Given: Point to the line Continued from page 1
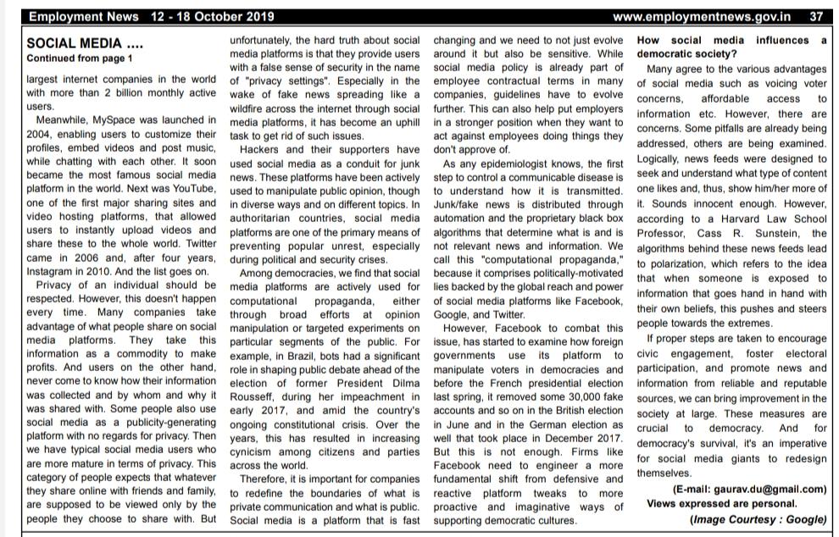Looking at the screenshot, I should [x=80, y=58].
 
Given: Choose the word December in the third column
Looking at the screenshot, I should [x=566, y=437].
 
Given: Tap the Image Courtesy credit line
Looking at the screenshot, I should [x=758, y=519].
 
